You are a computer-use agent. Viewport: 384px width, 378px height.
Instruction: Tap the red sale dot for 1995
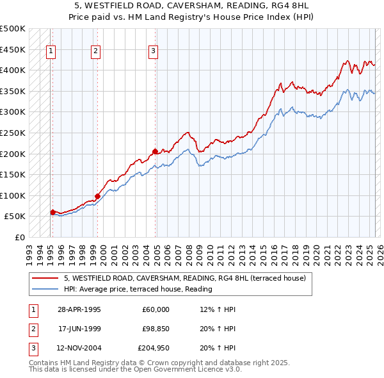pos(52,211)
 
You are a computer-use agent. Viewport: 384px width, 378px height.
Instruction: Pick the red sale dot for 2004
pos(155,151)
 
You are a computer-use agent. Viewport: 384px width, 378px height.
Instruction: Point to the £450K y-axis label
pos(13,49)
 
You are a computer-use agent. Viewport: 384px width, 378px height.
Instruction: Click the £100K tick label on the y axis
pos(13,195)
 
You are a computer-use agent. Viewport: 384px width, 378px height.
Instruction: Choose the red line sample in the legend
pos(45,278)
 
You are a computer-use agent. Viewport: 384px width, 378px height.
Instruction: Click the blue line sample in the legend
pos(45,289)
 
